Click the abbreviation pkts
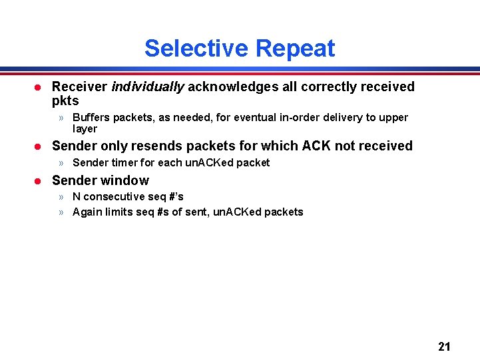[65, 101]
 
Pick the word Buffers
[91, 118]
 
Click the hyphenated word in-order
[300, 118]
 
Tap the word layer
[85, 129]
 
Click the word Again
[87, 212]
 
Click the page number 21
[444, 346]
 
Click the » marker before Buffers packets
[61, 118]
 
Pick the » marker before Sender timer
[61, 162]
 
